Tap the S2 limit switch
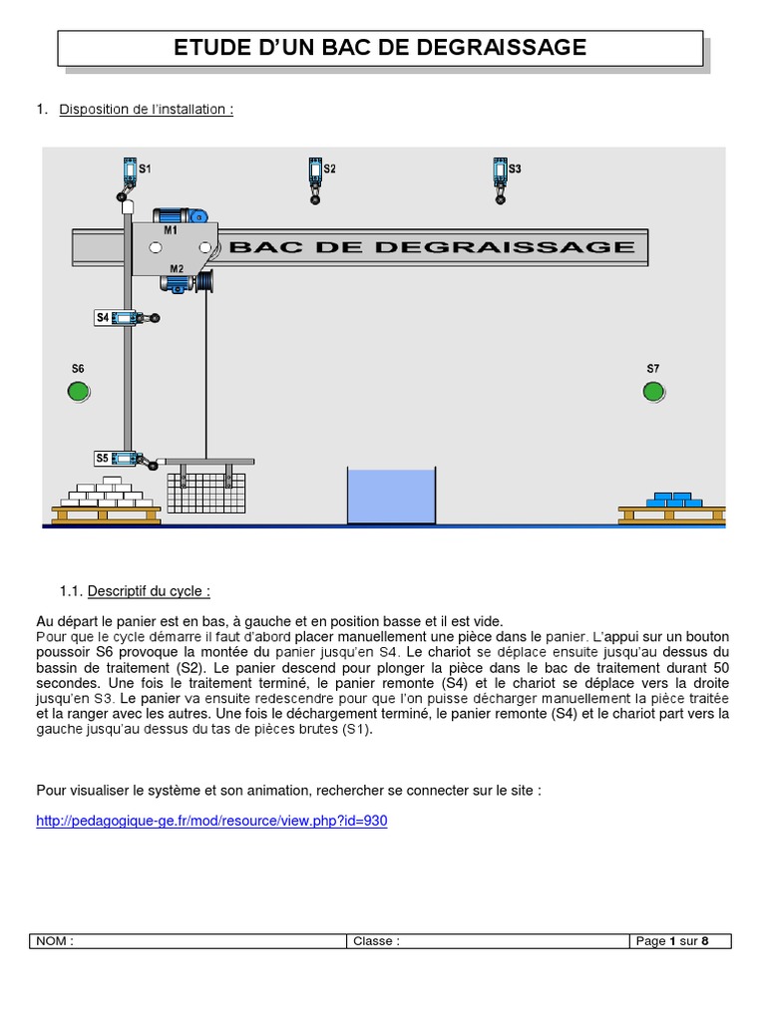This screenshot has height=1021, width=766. (x=315, y=180)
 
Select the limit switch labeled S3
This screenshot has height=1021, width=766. (x=501, y=180)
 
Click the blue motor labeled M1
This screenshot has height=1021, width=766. (x=180, y=215)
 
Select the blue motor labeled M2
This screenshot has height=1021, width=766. (x=178, y=283)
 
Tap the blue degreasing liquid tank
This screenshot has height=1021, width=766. (x=391, y=496)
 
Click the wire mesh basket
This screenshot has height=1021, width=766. (x=205, y=493)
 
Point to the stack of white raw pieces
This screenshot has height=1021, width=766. (x=106, y=493)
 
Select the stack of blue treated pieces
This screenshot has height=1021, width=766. (x=674, y=500)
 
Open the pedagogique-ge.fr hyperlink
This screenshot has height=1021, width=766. (x=211, y=821)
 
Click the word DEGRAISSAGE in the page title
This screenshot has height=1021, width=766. (x=501, y=48)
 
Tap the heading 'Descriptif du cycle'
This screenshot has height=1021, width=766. (x=149, y=591)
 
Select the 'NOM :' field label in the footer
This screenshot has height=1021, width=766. (x=55, y=941)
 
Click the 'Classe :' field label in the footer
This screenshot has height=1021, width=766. (x=376, y=941)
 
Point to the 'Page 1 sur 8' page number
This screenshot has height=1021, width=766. (x=672, y=941)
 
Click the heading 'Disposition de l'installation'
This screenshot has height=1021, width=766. (x=146, y=110)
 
